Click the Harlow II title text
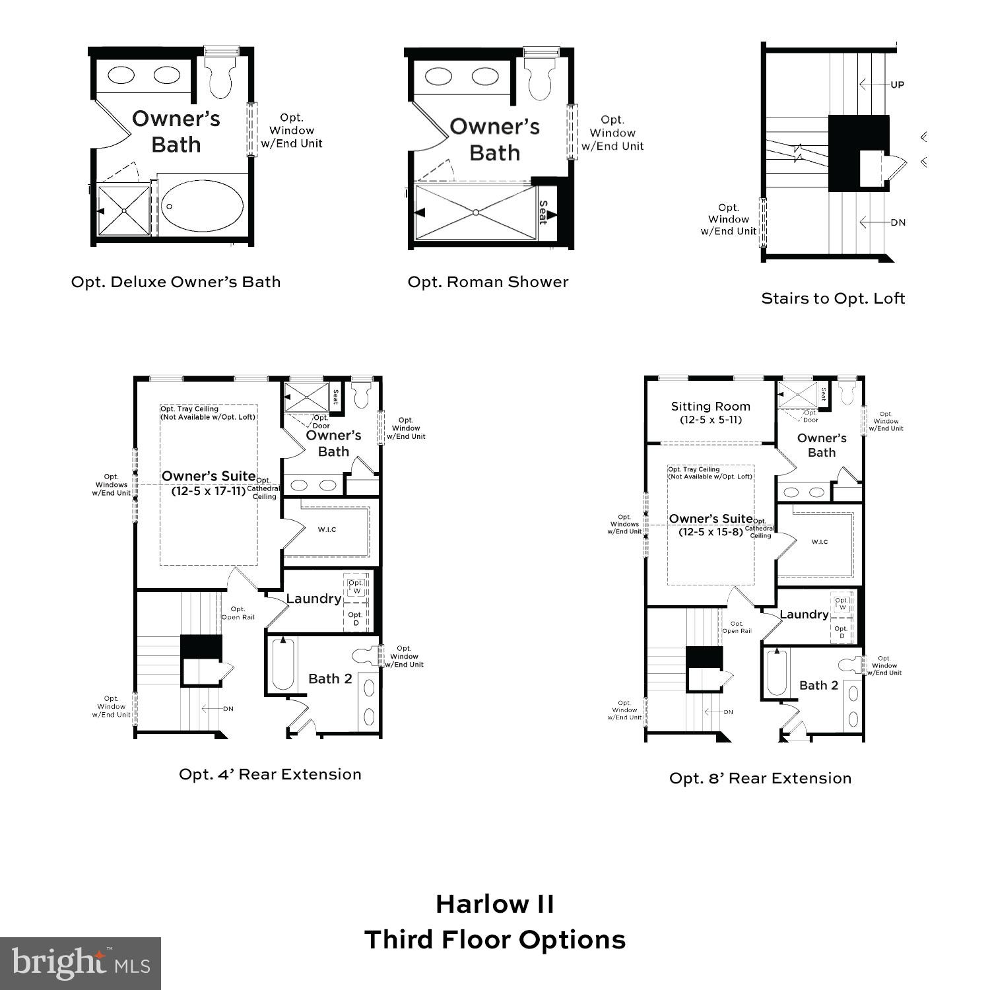495,904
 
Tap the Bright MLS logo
81,964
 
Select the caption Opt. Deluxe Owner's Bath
176,282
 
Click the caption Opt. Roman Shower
488,282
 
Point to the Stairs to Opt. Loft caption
832,298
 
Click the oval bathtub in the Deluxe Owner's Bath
203,206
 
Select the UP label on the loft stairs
897,84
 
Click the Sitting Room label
710,407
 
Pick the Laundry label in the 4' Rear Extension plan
313,599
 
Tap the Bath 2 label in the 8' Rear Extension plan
818,685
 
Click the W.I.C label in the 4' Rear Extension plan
327,529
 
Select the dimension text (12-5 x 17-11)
209,491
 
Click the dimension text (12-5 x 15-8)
710,531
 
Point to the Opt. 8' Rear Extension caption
760,778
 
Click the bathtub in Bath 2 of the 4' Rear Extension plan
282,664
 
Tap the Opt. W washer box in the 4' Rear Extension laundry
356,587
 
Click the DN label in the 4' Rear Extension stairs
228,709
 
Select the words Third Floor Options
495,940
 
